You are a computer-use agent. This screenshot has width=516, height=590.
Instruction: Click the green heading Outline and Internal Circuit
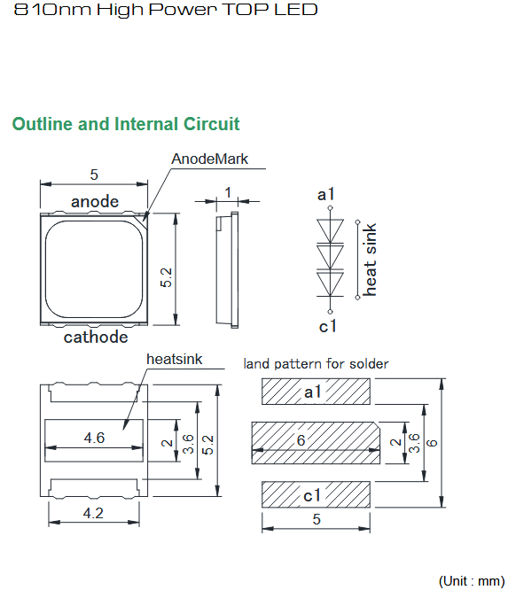click(x=126, y=124)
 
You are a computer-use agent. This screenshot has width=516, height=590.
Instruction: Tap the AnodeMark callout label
click(x=210, y=159)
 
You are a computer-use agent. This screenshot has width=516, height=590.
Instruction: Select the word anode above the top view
click(x=95, y=202)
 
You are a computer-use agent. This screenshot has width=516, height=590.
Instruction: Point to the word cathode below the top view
click(x=96, y=337)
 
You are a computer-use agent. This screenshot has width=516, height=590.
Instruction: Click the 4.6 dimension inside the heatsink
click(x=94, y=438)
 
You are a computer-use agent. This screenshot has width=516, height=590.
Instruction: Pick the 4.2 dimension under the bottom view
click(x=93, y=513)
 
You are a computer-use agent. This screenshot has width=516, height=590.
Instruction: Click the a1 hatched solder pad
click(x=316, y=392)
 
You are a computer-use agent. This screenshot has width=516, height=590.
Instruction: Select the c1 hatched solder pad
click(x=316, y=494)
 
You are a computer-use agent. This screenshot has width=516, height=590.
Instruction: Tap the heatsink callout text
click(x=175, y=359)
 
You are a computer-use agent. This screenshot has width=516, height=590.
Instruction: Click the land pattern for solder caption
click(x=316, y=364)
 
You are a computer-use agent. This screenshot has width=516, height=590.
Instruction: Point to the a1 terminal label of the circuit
click(x=325, y=195)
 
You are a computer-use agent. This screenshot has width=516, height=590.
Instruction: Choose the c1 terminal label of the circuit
click(x=327, y=326)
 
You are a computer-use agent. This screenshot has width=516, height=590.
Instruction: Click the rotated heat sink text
click(x=370, y=260)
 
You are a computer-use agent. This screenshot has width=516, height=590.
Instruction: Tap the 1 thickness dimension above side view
click(x=228, y=192)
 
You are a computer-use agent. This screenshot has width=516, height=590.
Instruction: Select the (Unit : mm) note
click(x=472, y=581)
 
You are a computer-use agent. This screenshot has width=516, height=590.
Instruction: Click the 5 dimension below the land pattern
click(x=317, y=519)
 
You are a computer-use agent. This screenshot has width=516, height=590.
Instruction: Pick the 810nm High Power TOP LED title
click(x=166, y=10)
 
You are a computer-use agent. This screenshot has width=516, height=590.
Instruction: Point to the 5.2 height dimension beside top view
click(x=166, y=277)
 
